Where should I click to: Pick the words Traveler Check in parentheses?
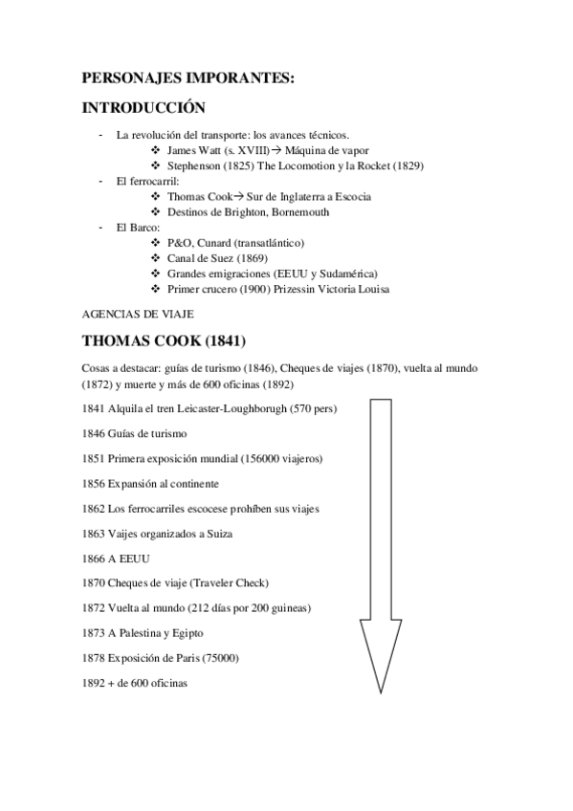tap(230, 582)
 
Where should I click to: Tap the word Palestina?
tap(151, 633)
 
